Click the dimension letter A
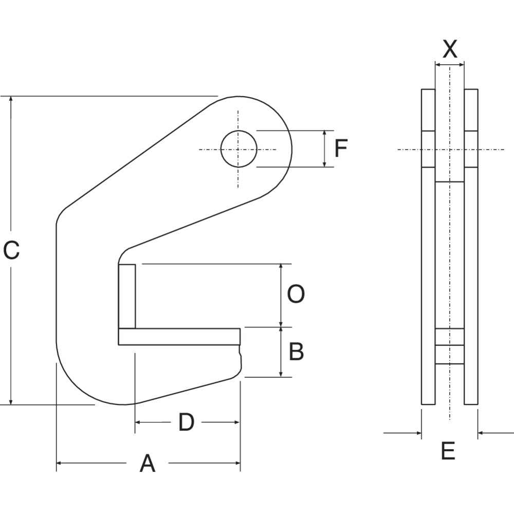148,463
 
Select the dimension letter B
296,352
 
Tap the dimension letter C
11,250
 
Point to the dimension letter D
186,423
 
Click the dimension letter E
448,451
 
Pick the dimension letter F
341,149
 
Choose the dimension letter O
296,295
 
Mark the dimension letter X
450,49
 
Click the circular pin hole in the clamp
238,149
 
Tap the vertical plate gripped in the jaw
127,296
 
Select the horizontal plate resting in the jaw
179,337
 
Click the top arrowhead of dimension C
11,100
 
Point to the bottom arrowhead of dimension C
11,401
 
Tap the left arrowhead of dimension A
60,463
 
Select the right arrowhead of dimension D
237,423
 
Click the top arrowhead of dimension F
325,134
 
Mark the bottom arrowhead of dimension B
281,374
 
